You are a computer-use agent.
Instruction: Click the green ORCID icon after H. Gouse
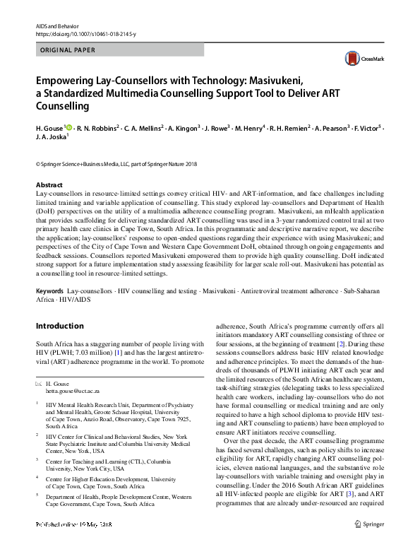(x=68, y=127)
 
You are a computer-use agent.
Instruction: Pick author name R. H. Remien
(x=285, y=128)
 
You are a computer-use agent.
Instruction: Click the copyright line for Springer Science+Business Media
(x=106, y=163)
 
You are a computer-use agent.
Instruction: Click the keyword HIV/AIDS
(x=80, y=300)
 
